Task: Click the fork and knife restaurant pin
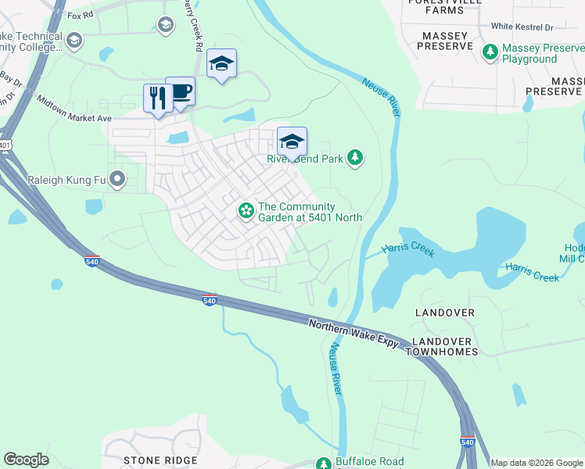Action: (158, 98)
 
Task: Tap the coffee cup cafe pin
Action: (181, 91)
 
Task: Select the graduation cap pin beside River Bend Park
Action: (292, 141)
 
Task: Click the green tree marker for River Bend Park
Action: (356, 158)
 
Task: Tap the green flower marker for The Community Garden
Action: (246, 210)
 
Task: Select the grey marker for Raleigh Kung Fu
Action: (118, 180)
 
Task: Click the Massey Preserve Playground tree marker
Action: (490, 52)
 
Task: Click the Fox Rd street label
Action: (80, 15)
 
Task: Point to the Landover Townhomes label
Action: (453, 349)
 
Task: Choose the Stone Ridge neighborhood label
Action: (161, 461)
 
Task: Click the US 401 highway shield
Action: (6, 145)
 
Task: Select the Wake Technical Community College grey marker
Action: (74, 40)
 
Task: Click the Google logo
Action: (26, 460)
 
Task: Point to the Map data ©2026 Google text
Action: (536, 463)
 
